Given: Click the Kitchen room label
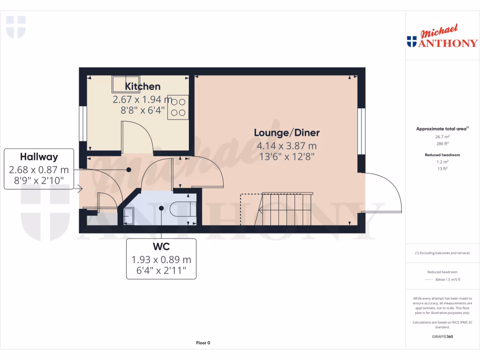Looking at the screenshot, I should [x=142, y=86].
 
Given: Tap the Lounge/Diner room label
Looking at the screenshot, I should [x=286, y=133].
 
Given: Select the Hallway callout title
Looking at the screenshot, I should [x=39, y=157].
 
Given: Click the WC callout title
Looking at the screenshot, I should [x=161, y=247].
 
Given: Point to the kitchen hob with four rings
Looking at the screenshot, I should [x=179, y=107].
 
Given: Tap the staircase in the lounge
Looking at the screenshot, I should [x=286, y=209].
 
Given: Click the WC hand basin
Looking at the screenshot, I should [x=128, y=216].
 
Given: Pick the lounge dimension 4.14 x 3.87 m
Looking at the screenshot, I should [x=286, y=146].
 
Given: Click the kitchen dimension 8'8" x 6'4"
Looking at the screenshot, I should [x=142, y=111].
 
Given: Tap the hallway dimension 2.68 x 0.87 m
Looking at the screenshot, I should [x=39, y=169].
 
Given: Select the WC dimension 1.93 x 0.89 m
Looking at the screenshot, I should [x=161, y=259].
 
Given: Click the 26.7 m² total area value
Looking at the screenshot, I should [x=442, y=137].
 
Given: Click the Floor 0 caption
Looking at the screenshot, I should [x=203, y=343].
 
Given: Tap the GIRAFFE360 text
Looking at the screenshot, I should [x=442, y=337].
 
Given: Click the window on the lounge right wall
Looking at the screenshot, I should [x=361, y=131].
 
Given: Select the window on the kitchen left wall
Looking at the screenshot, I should [x=82, y=123].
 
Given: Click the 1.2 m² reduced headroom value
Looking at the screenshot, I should [x=442, y=162].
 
